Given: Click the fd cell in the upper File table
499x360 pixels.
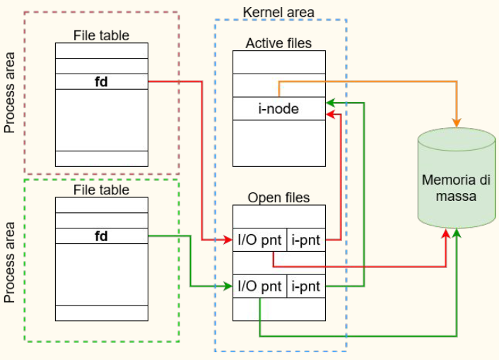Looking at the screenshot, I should pyautogui.click(x=101, y=81).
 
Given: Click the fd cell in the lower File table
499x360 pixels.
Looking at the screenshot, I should pyautogui.click(x=101, y=236).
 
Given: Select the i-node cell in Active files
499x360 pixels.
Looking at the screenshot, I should pyautogui.click(x=278, y=108).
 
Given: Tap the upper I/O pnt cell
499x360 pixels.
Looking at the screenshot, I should pyautogui.click(x=259, y=240).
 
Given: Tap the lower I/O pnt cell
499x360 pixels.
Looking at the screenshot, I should pyautogui.click(x=259, y=286).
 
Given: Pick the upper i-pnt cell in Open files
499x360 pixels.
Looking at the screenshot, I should pyautogui.click(x=306, y=240).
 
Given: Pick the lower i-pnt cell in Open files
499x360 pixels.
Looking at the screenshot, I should pyautogui.click(x=306, y=286).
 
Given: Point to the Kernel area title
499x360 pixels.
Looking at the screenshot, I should pyautogui.click(x=278, y=13).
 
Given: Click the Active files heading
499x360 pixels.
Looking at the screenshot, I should pyautogui.click(x=278, y=43).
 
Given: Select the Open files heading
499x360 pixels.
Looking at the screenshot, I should pyautogui.click(x=278, y=197).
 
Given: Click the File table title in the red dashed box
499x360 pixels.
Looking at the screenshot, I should pyautogui.click(x=101, y=35).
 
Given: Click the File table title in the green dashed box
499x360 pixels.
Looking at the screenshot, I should pyautogui.click(x=101, y=190).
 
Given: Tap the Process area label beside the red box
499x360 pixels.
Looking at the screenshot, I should pyautogui.click(x=10, y=92).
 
